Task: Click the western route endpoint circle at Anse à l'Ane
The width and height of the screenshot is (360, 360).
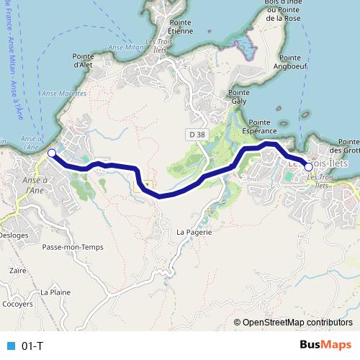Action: pos(51,153)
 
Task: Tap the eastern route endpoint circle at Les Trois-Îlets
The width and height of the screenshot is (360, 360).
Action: pos(308,167)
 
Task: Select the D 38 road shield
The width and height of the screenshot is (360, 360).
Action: pos(197,134)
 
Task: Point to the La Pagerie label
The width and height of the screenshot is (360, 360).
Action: pos(194,233)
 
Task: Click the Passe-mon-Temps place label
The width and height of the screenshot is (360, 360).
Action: pos(73,247)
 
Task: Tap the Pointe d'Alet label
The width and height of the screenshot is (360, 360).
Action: pos(85,60)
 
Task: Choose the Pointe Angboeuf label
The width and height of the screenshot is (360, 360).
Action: pos(289,62)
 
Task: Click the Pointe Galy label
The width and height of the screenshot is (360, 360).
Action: pos(238,97)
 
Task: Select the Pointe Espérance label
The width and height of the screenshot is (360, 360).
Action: pos(259,127)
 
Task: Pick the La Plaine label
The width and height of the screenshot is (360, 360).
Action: pos(55,292)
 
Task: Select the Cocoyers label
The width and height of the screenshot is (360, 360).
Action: pos(17,304)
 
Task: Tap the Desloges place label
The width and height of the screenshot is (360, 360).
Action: pos(14,235)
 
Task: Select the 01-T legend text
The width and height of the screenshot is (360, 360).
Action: pos(33,346)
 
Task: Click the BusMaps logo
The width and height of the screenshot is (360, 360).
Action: pos(325,345)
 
